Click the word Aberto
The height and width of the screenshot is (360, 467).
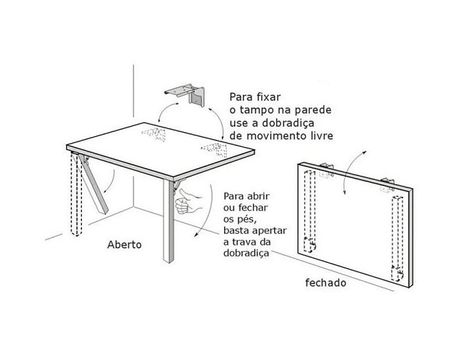pos(124,243)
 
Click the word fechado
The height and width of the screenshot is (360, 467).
pos(325,283)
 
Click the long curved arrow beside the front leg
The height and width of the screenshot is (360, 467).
pos(205,210)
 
